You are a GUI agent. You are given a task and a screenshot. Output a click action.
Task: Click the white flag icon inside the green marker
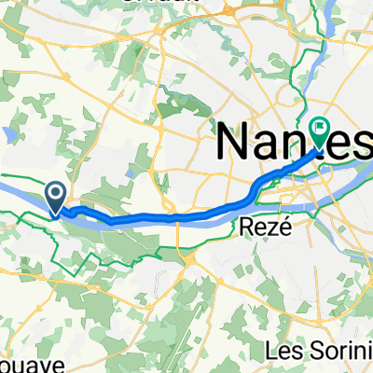click(x=320, y=130)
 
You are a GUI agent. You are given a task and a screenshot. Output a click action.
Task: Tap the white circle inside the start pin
click(x=55, y=194)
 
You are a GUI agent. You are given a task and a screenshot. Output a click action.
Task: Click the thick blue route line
click(x=168, y=216)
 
